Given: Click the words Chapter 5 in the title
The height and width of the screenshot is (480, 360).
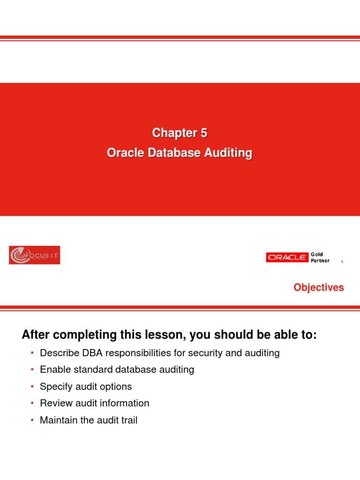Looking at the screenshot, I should coord(180,134).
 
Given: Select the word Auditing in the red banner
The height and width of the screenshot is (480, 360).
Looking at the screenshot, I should coord(230,153).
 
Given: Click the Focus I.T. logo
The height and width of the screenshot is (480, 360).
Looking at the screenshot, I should coord(34,255).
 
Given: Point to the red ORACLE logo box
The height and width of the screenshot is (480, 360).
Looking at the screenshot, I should coord(287,257).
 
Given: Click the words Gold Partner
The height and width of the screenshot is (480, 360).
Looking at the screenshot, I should coord(321,257).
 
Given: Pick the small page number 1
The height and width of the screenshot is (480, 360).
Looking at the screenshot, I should coord(342,262).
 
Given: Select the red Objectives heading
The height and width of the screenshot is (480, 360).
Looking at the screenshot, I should coord(319,287).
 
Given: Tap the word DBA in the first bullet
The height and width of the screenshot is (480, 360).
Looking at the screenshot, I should coord(85,353).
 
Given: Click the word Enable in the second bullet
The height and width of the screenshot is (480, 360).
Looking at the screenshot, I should coord(54,369).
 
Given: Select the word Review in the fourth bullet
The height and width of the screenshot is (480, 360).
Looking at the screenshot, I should coord(56,403).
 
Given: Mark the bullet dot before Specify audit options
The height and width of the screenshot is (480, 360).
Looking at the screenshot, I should coord(32,387).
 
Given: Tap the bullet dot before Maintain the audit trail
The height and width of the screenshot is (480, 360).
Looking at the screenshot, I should coord(32,420).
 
